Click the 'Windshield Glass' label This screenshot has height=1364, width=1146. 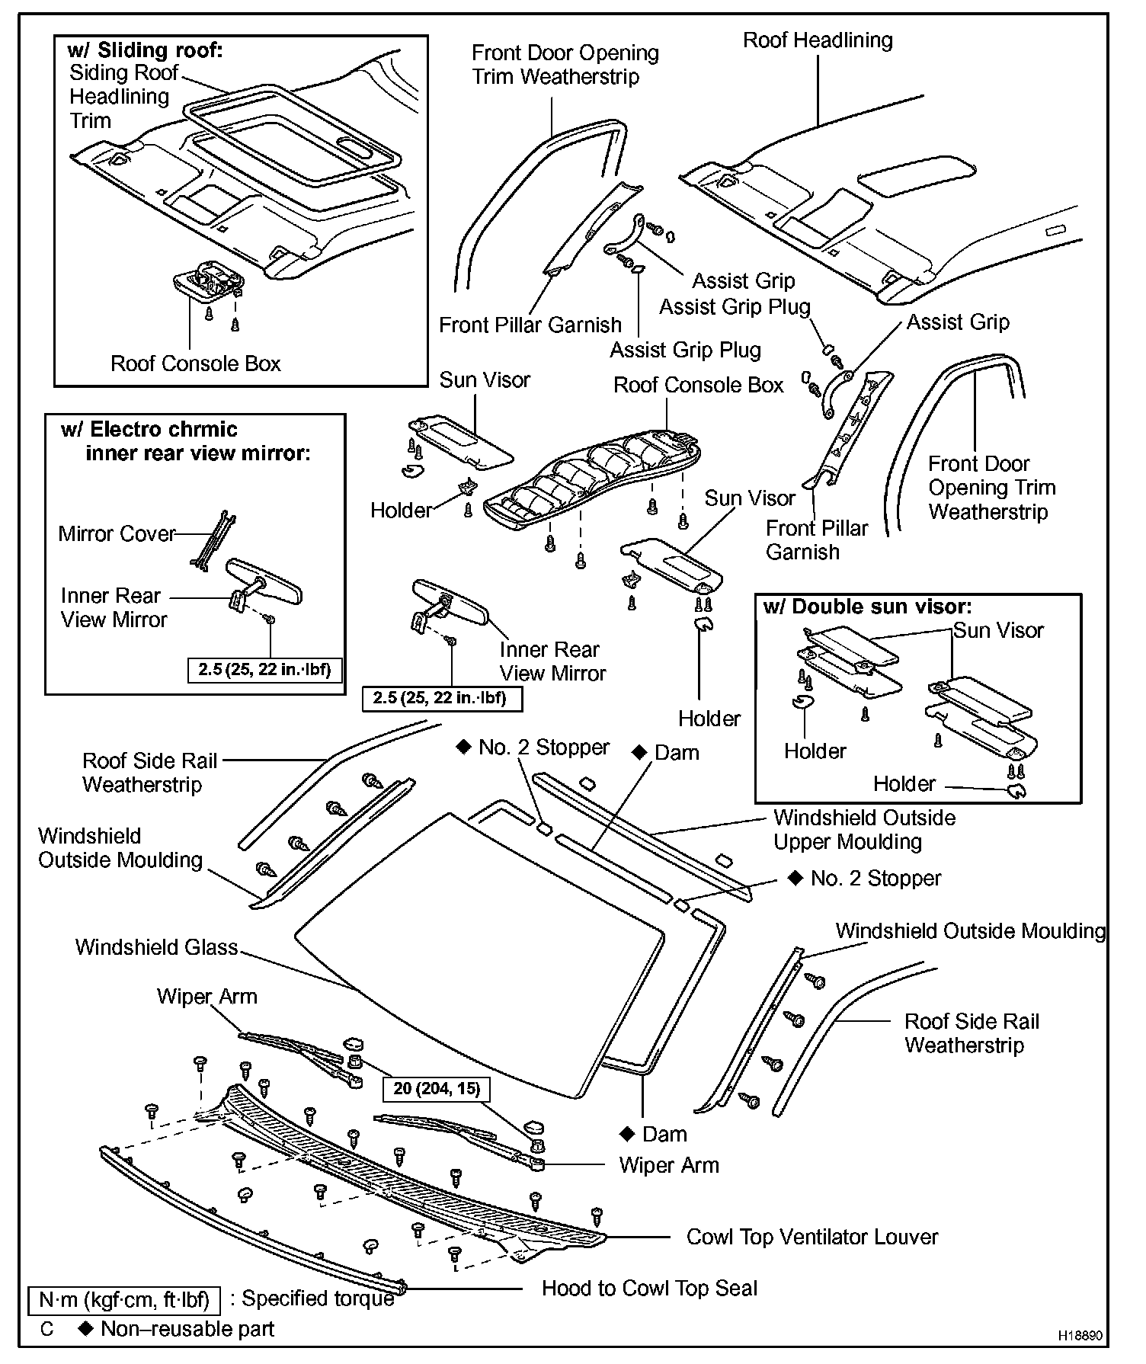pos(156,947)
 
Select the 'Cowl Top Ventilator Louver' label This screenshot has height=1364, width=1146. pos(811,1237)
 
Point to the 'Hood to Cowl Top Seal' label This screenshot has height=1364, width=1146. pos(649,1289)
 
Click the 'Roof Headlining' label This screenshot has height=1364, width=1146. pos(818,40)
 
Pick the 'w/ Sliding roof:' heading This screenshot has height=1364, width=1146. pos(145,50)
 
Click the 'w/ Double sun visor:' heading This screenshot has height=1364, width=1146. pos(867,607)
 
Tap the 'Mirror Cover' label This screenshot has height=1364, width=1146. pos(117,533)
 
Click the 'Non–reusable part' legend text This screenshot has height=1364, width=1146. pos(187,1329)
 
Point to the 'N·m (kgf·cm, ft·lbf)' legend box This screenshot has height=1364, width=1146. pos(123,1300)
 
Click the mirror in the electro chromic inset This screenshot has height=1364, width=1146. pos(264,580)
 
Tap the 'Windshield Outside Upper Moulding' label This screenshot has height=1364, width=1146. pos(864,829)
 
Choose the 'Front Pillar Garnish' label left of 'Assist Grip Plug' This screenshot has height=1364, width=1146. pos(530,325)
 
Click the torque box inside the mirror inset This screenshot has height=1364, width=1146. pos(264,670)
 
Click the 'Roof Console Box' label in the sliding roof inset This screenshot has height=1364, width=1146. pos(196,363)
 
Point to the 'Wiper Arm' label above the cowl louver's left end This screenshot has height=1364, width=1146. pos(206,997)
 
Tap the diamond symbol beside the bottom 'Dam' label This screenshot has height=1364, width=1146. pos(628,1134)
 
